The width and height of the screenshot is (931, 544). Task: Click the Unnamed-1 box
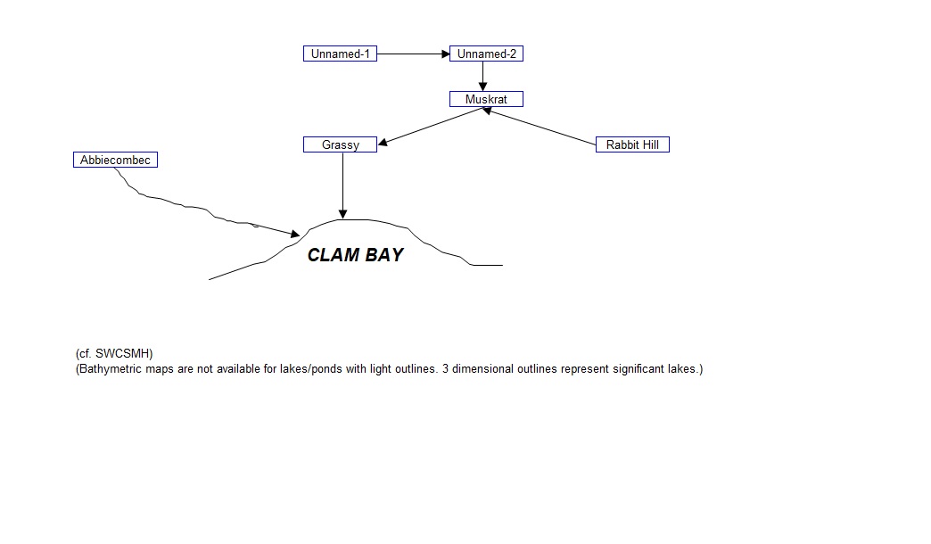coord(340,54)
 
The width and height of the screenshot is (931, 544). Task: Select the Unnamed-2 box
coord(486,54)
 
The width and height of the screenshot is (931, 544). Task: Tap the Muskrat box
coord(486,99)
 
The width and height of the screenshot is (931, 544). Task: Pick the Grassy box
coord(340,144)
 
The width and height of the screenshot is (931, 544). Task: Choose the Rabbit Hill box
coord(632,144)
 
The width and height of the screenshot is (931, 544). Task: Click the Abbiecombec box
coord(115,161)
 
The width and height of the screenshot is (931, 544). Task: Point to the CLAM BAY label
coord(355,255)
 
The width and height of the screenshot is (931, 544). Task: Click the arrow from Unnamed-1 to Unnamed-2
coord(413,54)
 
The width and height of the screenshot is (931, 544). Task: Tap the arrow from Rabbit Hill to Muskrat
coord(540,126)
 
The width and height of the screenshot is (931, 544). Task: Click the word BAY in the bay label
coord(383,255)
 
